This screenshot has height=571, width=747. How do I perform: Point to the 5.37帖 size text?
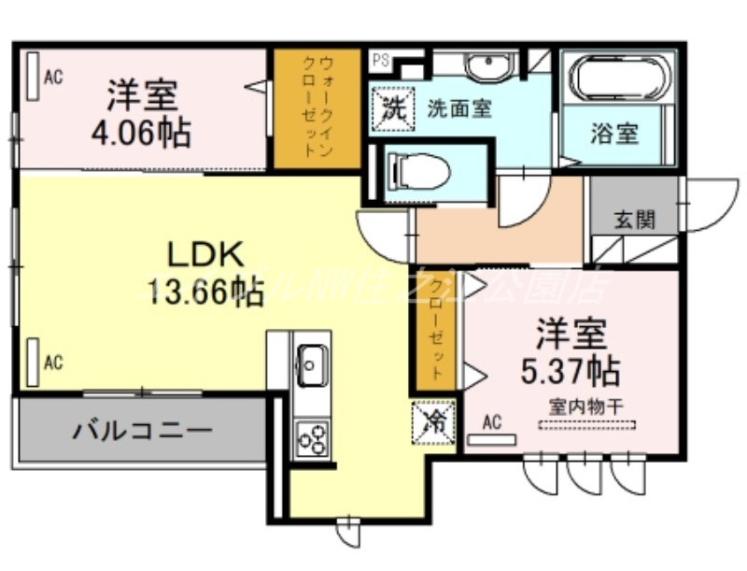(570, 371)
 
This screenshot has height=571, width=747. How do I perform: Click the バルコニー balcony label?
(143, 431)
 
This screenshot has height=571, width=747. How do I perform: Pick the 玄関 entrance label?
(634, 220)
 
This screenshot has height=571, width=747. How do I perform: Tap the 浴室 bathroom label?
(614, 133)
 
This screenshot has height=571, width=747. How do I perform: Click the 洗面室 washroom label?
(458, 107)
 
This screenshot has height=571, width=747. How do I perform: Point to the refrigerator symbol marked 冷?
(434, 418)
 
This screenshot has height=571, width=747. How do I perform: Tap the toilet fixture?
(420, 171)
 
